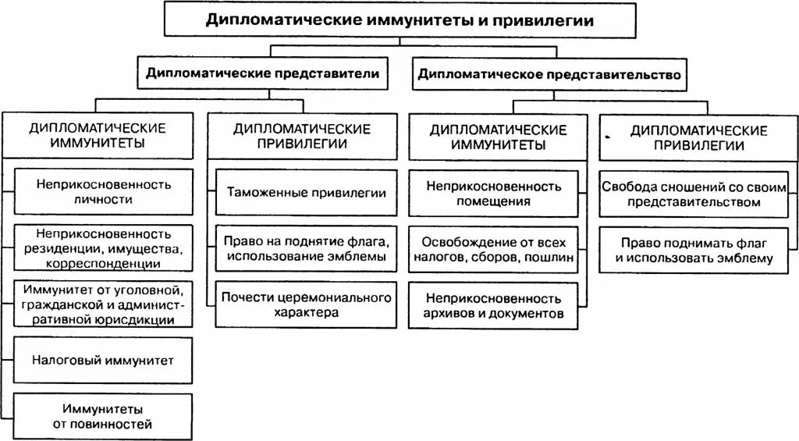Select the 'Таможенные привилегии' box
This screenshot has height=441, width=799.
tap(307, 192)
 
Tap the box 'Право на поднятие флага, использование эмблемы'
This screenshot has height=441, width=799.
tap(307, 247)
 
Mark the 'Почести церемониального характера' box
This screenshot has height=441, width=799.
tap(307, 304)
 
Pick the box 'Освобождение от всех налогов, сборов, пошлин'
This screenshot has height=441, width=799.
tap(494, 248)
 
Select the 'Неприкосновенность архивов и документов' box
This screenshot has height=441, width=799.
tap(494, 306)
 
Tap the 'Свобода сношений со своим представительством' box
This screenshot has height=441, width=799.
tap(694, 194)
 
